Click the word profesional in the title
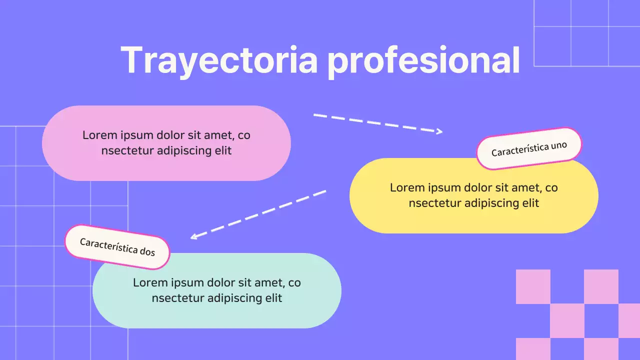pos(423,60)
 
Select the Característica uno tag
pos(529,148)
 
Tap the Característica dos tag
pos(117,246)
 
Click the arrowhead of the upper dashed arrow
pos(439,131)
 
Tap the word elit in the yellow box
pos(530,203)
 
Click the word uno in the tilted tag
pos(558,146)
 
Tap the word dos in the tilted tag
pos(147,251)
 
